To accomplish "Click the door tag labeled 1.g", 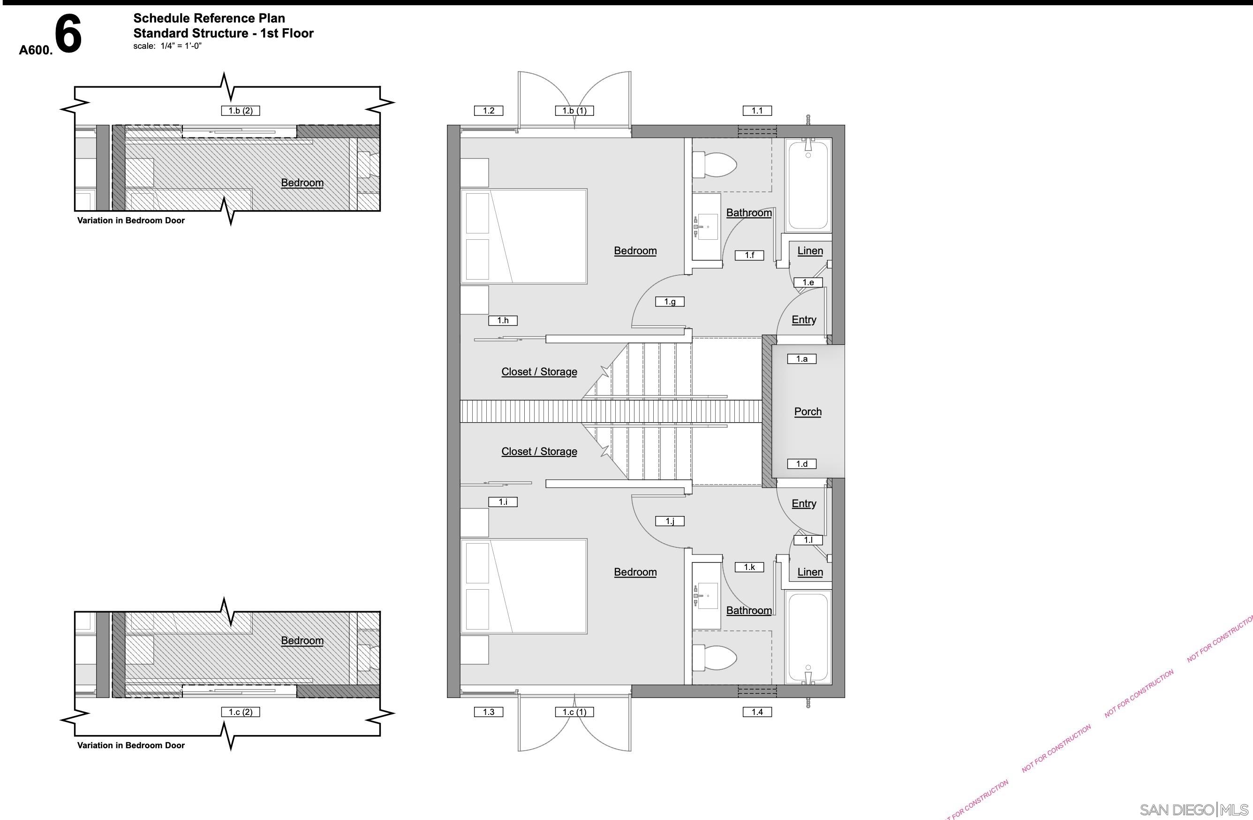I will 670,302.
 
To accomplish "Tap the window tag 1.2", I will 489,111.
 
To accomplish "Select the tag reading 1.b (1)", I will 574,111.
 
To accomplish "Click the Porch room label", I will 808,412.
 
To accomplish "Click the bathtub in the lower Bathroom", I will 808,637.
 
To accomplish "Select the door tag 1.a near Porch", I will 801,359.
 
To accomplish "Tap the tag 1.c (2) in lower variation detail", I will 241,712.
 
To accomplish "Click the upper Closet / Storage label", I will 539,372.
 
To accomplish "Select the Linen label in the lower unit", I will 810,572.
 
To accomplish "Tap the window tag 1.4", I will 757,712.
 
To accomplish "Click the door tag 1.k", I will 749,567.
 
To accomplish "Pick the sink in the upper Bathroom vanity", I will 707,227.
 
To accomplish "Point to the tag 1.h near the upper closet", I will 503,320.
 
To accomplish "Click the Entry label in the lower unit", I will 804,503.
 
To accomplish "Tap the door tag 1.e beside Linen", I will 808,283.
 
